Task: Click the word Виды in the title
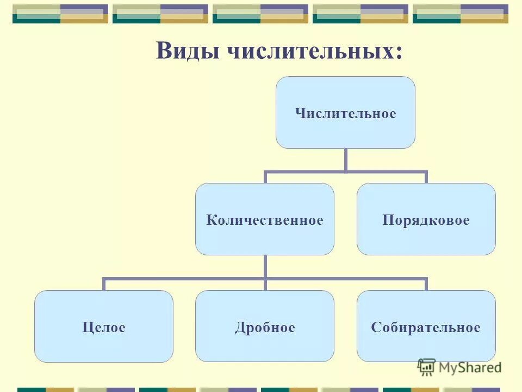pyautogui.click(x=188, y=52)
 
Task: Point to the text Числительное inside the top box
pyautogui.click(x=345, y=114)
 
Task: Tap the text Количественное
pyautogui.click(x=265, y=220)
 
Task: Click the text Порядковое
pyautogui.click(x=426, y=220)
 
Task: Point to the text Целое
pyautogui.click(x=104, y=328)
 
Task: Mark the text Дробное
pyautogui.click(x=265, y=328)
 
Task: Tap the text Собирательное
pyautogui.click(x=426, y=328)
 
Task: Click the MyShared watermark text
pyautogui.click(x=470, y=367)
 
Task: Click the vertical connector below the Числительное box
pyautogui.click(x=345, y=160)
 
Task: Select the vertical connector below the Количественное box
pyautogui.click(x=265, y=267)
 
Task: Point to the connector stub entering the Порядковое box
pyautogui.click(x=426, y=177)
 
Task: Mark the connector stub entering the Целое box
pyautogui.click(x=104, y=284)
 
